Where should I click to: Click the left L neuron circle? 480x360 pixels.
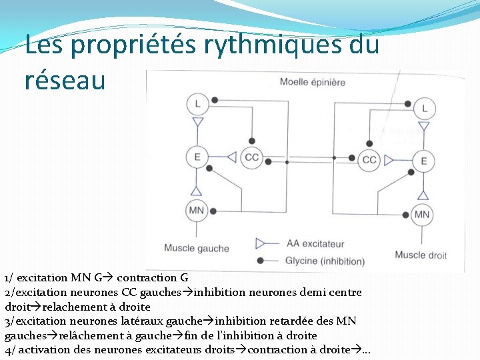(197, 103)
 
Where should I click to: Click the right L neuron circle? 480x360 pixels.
(425, 109)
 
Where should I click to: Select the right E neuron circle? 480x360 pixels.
(423, 161)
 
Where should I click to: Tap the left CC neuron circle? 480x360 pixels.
(252, 157)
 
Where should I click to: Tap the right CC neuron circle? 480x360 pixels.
(370, 160)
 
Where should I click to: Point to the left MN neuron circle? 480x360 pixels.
(197, 211)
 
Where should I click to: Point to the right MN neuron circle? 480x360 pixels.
(422, 214)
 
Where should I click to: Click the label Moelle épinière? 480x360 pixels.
(312, 82)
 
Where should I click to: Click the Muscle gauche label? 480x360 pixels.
(197, 249)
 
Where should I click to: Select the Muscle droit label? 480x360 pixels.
(420, 255)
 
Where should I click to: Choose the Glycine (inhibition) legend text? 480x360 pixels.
(325, 261)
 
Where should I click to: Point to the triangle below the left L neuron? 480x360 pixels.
(197, 123)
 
